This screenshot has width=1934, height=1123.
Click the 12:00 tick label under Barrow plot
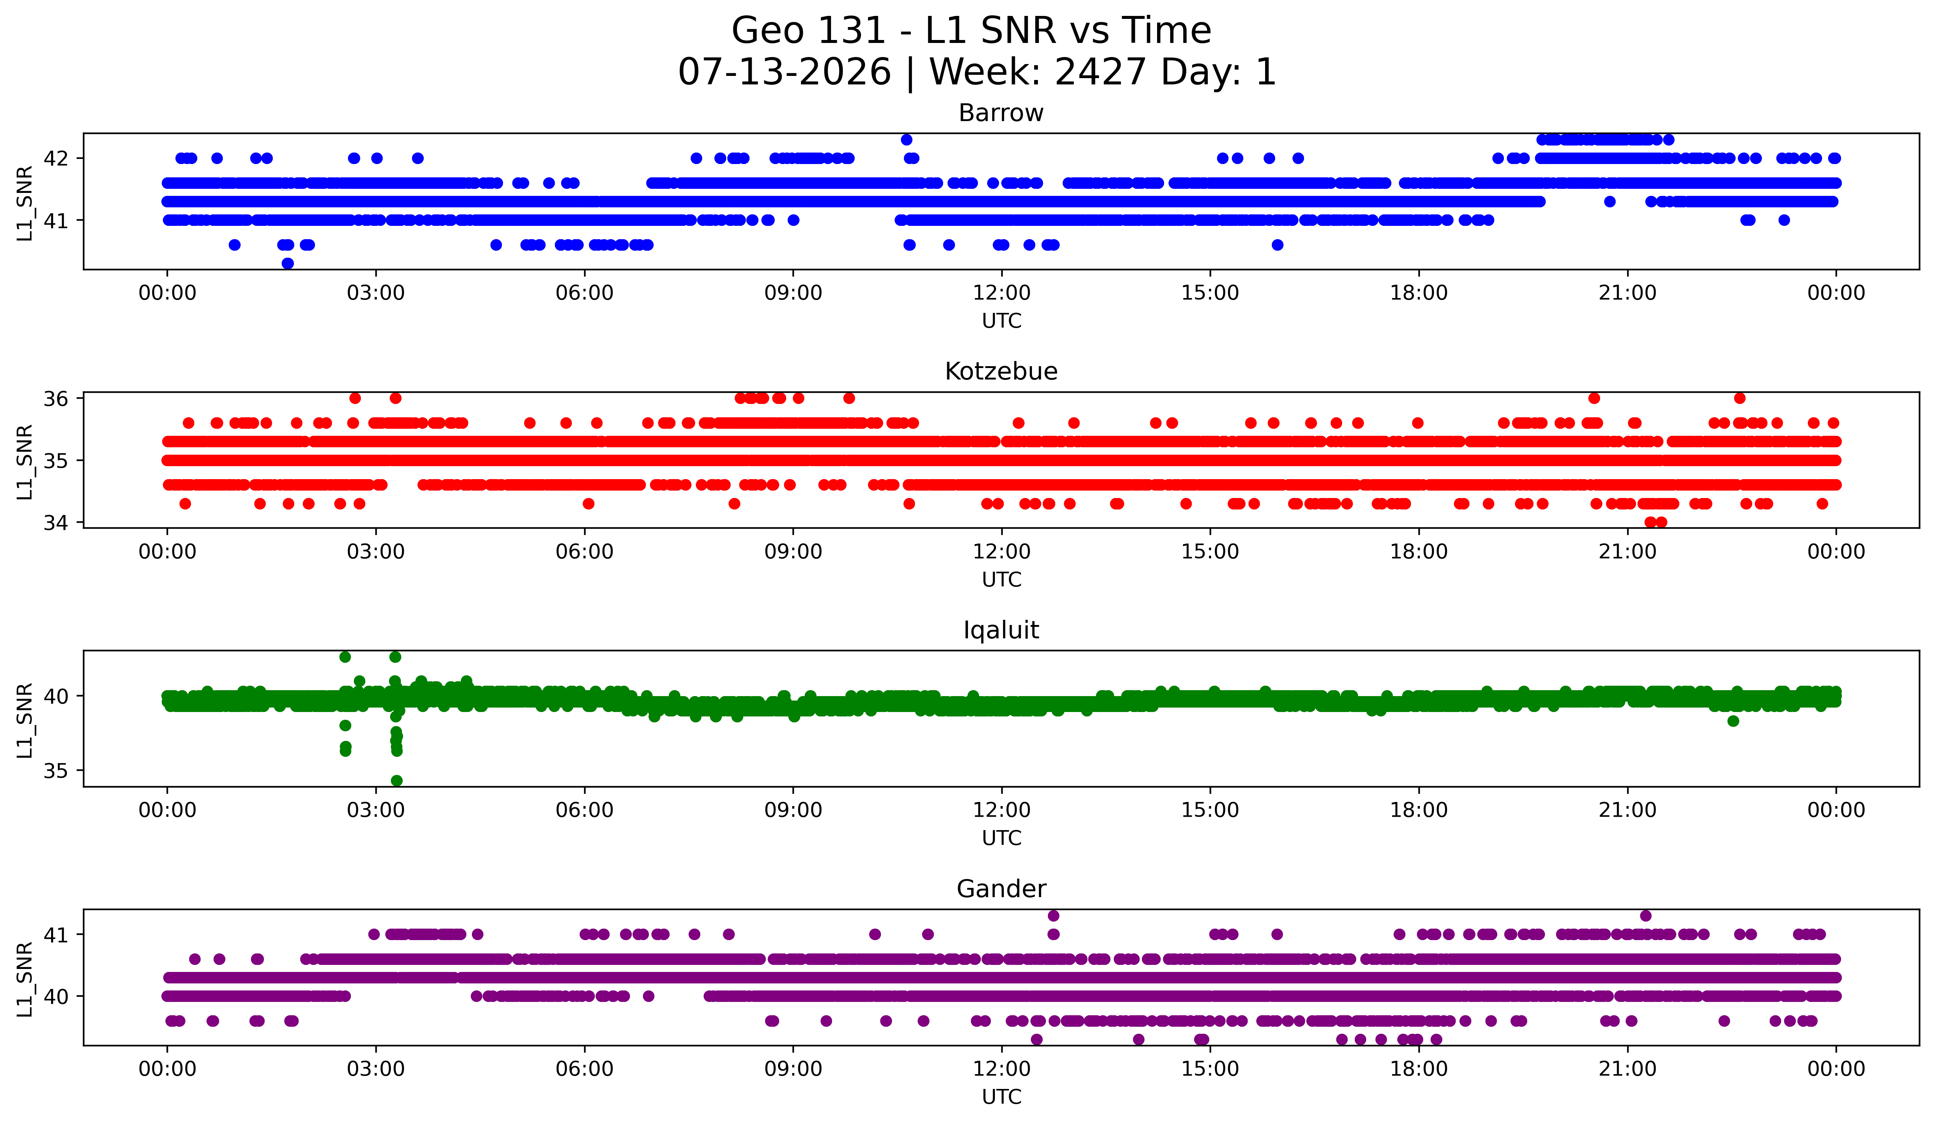click(1002, 293)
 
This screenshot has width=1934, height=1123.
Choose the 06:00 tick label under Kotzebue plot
click(585, 552)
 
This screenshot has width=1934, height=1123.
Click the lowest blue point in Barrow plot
click(288, 263)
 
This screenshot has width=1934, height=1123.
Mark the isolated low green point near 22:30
click(1733, 721)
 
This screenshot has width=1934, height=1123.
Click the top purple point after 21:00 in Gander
click(1645, 916)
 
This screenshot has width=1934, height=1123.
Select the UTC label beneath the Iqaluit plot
click(1002, 838)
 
